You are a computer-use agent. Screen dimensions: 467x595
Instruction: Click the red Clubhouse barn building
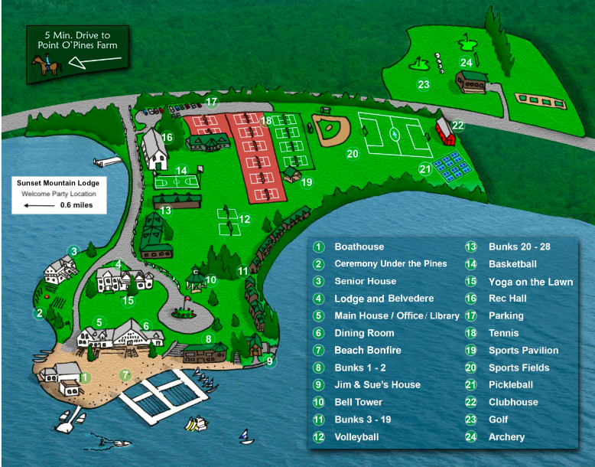pos(445,132)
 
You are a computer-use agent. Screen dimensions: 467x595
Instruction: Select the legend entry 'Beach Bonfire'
pos(367,350)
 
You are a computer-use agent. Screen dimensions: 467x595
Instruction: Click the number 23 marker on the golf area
pos(423,85)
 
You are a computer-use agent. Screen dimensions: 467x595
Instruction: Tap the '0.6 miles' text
pos(76,205)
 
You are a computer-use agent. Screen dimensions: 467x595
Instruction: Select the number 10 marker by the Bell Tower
pos(211,280)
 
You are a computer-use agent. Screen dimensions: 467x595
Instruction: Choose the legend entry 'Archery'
pos(506,436)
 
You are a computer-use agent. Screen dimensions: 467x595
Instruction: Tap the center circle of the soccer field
pos(395,135)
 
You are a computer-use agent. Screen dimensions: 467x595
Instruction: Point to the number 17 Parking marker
pos(212,102)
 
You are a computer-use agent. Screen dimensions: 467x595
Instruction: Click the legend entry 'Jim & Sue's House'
pos(377,384)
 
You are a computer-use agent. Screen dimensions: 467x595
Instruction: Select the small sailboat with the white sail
pos(245,436)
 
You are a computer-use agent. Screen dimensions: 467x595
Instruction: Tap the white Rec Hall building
pos(155,150)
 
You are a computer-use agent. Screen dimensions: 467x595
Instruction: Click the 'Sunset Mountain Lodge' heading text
pos(58,184)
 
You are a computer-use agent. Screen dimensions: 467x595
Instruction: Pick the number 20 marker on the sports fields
pos(352,154)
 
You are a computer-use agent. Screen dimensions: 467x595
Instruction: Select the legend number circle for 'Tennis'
pos(472,333)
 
